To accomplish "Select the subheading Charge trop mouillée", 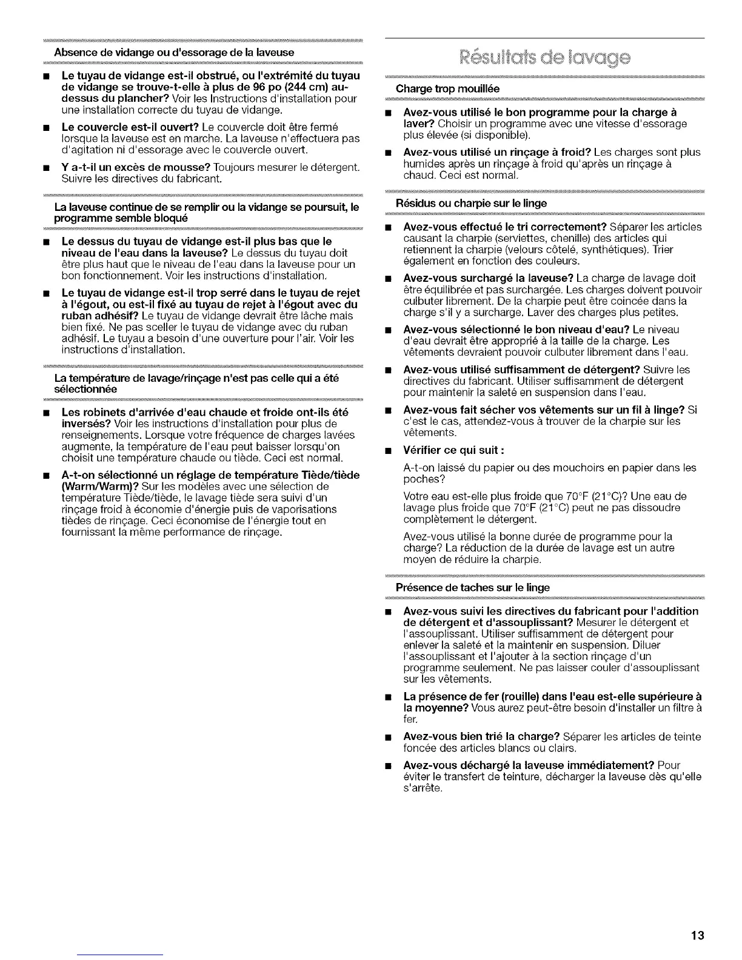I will pos(447,88).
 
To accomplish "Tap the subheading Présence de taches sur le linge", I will pos(472,587).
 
